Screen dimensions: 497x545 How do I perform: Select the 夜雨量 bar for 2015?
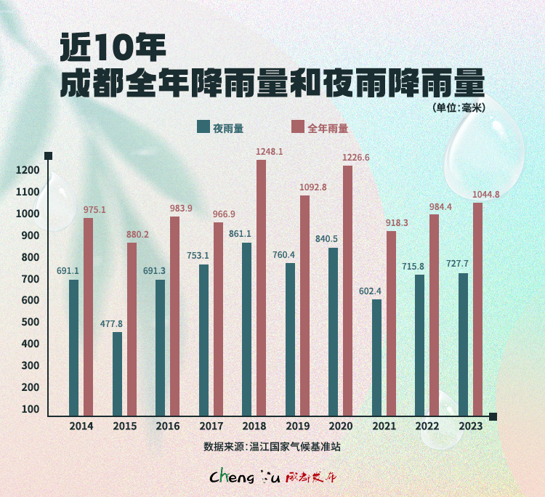pyautogui.click(x=117, y=373)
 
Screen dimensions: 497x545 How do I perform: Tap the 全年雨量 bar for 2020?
pyautogui.click(x=347, y=291)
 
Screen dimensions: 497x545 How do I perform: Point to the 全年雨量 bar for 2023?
pyautogui.click(x=477, y=309)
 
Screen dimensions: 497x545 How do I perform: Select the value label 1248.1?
pyautogui.click(x=270, y=152)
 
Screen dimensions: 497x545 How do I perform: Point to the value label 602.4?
pyautogui.click(x=370, y=291)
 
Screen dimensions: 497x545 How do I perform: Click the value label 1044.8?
pyautogui.click(x=485, y=194)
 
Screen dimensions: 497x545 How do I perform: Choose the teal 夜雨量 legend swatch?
pyautogui.click(x=203, y=126)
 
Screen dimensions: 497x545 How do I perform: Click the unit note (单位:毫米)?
pyautogui.click(x=458, y=108)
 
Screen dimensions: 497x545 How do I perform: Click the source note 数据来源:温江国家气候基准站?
pyautogui.click(x=272, y=446)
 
